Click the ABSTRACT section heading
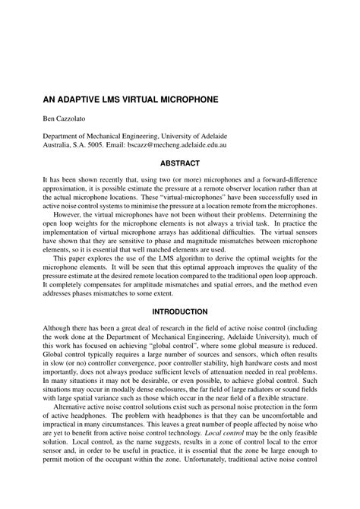(180, 163)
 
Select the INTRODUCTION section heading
(180, 311)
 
